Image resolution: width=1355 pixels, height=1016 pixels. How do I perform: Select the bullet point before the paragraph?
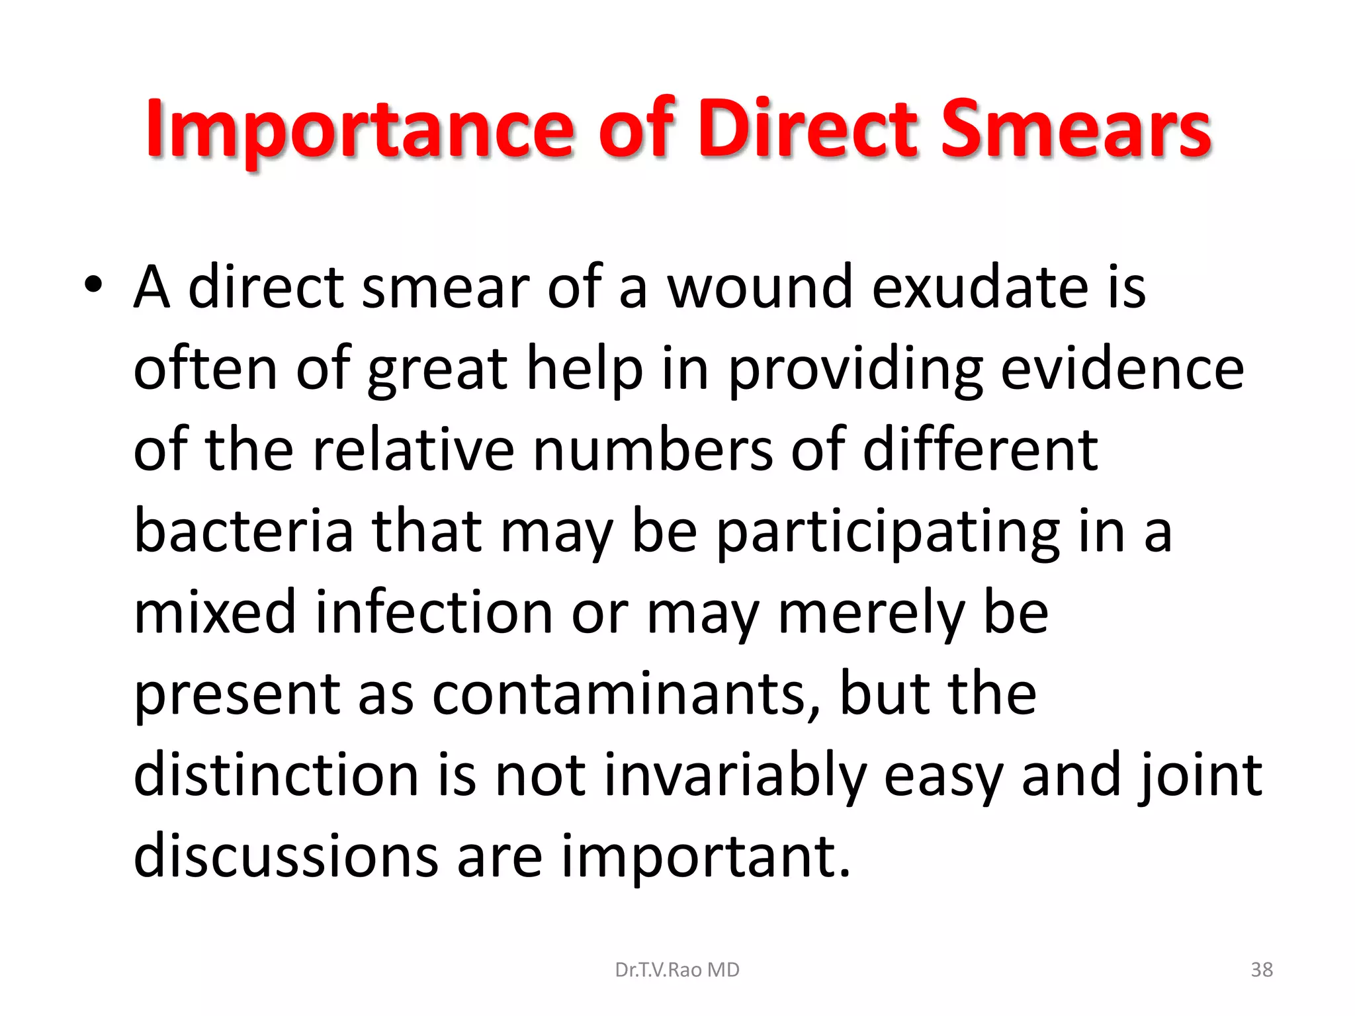coord(93,285)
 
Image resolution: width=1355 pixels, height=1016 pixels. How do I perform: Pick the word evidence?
coord(1122,369)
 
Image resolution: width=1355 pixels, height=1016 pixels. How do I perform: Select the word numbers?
coord(652,450)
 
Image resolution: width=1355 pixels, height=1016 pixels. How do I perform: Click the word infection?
coord(433,613)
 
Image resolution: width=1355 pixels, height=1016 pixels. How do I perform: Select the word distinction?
coord(276,775)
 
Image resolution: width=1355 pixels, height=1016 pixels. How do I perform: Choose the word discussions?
coord(286,857)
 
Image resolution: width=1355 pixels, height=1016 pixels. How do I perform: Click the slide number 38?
coord(1262,970)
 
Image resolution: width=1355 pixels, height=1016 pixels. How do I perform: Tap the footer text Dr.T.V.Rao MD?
coord(677,970)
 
